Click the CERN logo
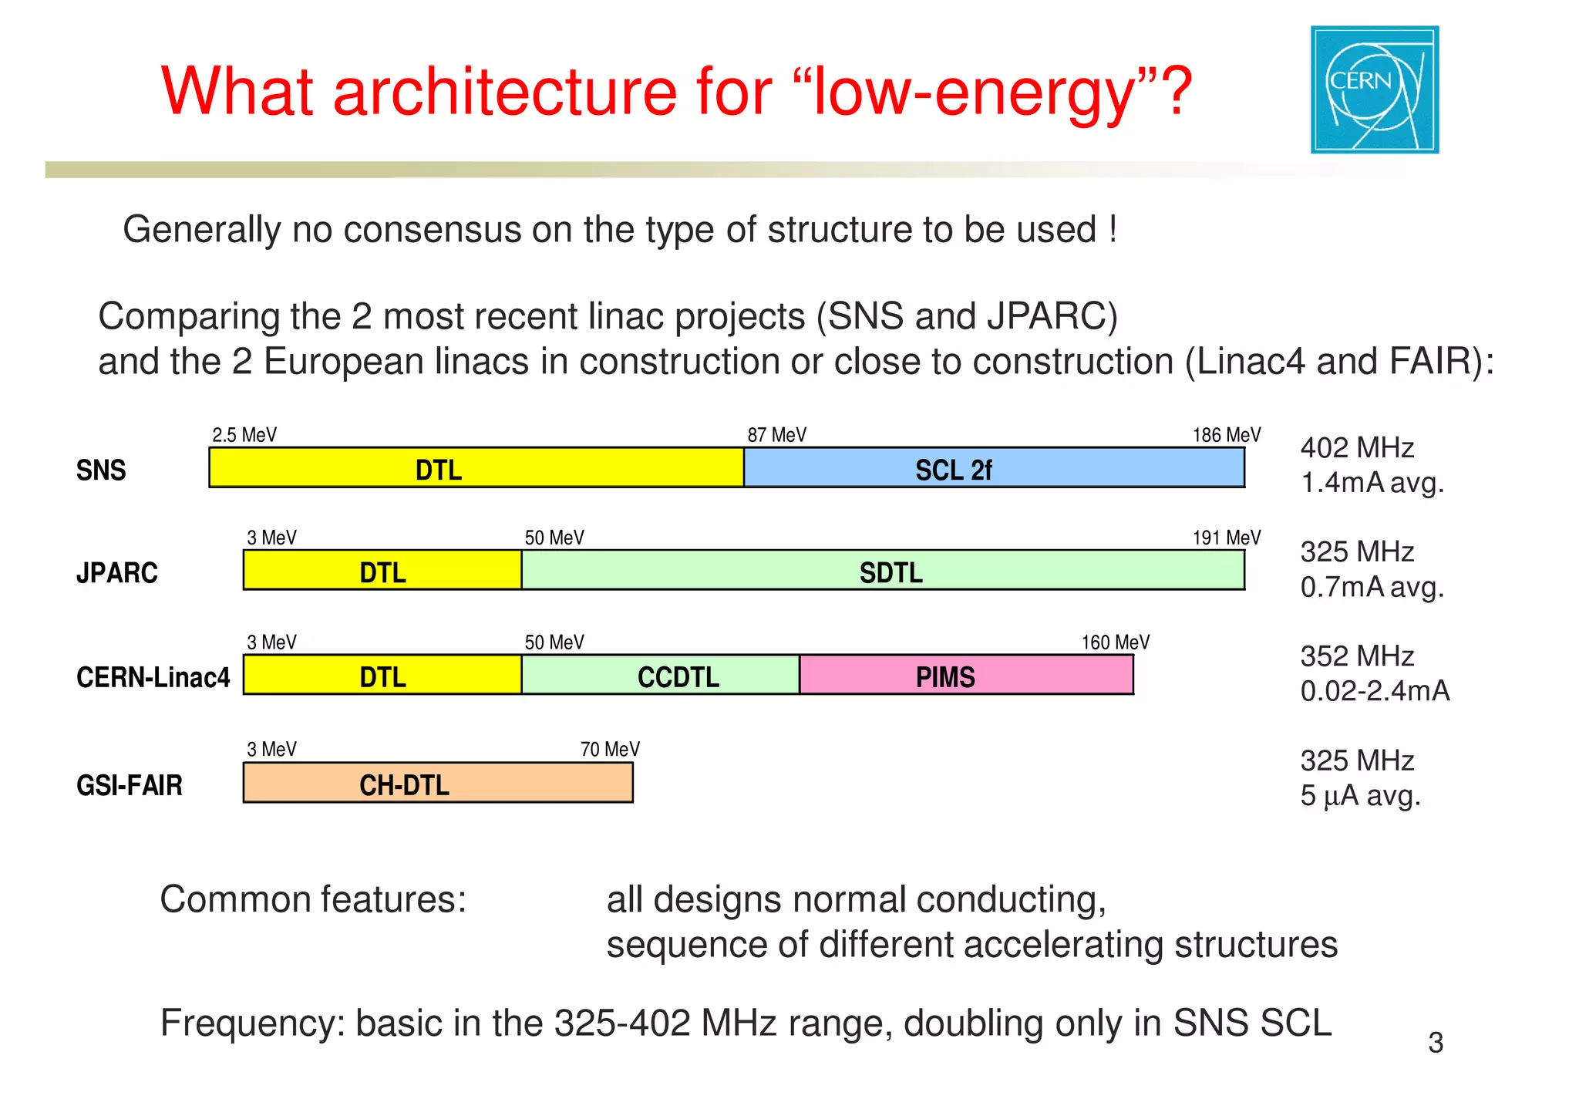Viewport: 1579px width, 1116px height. pyautogui.click(x=1374, y=89)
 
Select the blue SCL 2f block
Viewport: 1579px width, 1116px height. pyautogui.click(x=993, y=467)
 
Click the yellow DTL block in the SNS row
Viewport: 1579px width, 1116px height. pyautogui.click(x=476, y=467)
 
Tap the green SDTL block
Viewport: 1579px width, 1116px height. pyautogui.click(x=882, y=571)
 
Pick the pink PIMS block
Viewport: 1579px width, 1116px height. pyautogui.click(x=965, y=676)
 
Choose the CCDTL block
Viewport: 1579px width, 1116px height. pyautogui.click(x=660, y=676)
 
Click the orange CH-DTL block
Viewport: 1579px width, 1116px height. pyautogui.click(x=437, y=783)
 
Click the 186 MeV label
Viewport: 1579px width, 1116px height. pyautogui.click(x=1226, y=435)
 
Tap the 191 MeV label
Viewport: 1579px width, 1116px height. pyautogui.click(x=1226, y=538)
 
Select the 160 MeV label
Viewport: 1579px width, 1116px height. pyautogui.click(x=1115, y=642)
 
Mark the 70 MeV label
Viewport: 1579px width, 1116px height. pyautogui.click(x=609, y=749)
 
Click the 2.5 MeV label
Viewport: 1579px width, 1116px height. pyautogui.click(x=244, y=435)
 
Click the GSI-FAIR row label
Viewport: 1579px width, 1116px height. pyautogui.click(x=130, y=785)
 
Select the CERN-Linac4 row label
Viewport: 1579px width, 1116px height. pyautogui.click(x=153, y=677)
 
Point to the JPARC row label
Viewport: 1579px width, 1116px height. pyautogui.click(x=116, y=573)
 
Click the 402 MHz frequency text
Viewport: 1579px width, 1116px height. pyautogui.click(x=1356, y=448)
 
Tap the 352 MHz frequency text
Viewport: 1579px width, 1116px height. pyautogui.click(x=1356, y=656)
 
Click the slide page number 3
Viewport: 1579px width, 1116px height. pyautogui.click(x=1435, y=1043)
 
